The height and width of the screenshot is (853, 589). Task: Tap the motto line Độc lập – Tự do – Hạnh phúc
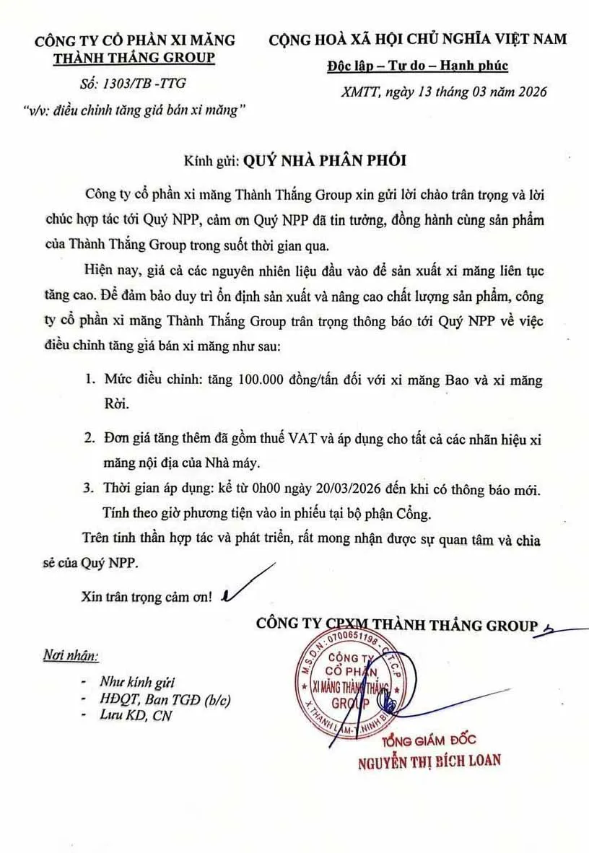417,66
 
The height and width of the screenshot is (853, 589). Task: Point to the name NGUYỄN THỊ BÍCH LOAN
429,760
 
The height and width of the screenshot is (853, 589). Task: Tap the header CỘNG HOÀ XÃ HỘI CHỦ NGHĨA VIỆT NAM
417,39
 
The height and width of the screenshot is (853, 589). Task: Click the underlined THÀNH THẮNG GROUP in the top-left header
135,57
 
